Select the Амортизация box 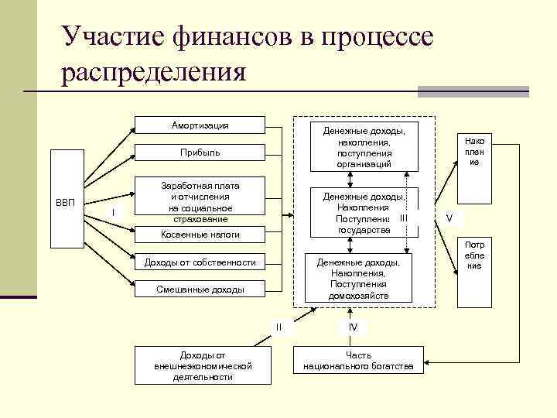click(x=200, y=125)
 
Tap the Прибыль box click(x=200, y=152)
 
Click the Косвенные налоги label click(x=200, y=234)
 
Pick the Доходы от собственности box click(x=200, y=262)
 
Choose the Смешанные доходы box click(x=200, y=290)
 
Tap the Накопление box click(x=475, y=152)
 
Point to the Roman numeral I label click(x=113, y=213)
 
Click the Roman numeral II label click(x=279, y=327)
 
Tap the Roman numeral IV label click(x=353, y=327)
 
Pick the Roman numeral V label click(x=449, y=218)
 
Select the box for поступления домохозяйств click(x=357, y=279)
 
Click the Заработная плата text click(x=200, y=186)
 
